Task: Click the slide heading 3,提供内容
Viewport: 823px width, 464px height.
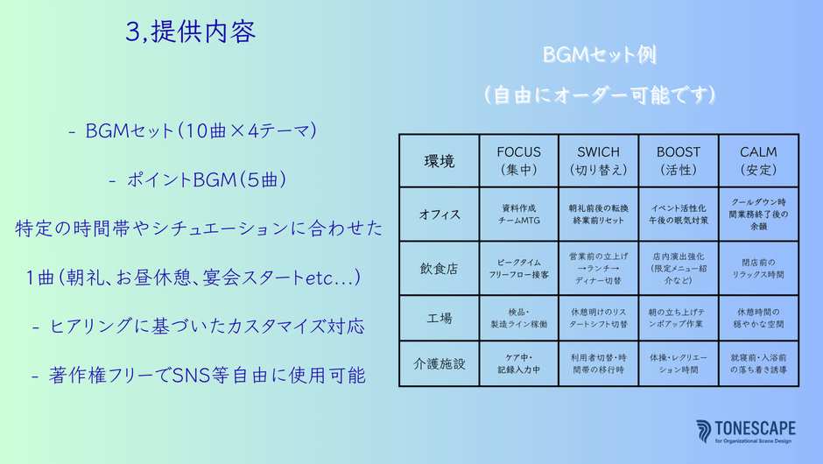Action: click(x=191, y=32)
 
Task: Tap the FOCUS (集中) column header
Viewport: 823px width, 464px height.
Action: click(x=518, y=160)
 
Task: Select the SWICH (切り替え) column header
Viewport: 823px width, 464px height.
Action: click(x=598, y=160)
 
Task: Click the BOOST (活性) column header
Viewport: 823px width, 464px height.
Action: click(x=679, y=160)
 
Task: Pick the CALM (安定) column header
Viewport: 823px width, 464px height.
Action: click(x=758, y=160)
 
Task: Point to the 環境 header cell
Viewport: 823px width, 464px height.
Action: click(x=440, y=161)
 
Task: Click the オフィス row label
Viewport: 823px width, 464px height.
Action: click(x=440, y=214)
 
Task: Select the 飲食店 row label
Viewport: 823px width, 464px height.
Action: click(x=440, y=268)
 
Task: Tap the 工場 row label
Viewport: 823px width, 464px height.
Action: click(x=440, y=318)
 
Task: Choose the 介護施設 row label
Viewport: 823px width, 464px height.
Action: click(x=440, y=363)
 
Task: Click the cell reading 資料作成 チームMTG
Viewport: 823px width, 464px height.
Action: click(x=518, y=214)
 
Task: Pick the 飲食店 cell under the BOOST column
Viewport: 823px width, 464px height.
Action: click(x=679, y=268)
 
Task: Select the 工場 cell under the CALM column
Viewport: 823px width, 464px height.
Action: click(x=758, y=318)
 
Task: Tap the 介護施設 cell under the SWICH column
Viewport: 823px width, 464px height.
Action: click(x=598, y=363)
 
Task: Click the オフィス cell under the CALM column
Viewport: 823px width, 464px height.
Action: click(x=758, y=214)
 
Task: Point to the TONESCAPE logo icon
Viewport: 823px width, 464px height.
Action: click(x=703, y=431)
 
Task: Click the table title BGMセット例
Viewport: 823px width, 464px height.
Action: click(x=599, y=54)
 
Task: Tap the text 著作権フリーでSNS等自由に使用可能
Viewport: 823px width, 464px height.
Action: click(x=199, y=376)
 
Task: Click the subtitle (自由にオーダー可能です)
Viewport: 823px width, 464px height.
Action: click(x=599, y=95)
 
